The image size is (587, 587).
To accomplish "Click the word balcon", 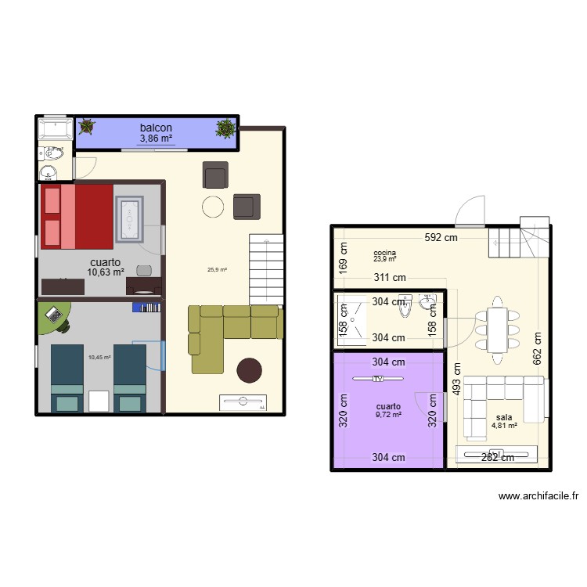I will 156,128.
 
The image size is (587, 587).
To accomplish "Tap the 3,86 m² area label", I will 156,139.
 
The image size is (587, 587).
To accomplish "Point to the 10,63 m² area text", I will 106,273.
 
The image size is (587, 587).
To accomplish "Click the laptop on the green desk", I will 53,315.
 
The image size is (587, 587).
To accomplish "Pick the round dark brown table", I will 250,369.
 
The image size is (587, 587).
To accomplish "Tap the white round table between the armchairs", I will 213,206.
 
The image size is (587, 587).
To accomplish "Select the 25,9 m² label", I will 217,270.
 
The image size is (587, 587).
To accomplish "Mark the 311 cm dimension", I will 389,277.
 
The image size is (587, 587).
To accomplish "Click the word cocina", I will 384,253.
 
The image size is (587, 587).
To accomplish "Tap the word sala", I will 504,417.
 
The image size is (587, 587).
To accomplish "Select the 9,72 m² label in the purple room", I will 388,415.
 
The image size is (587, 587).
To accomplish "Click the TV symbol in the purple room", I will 379,380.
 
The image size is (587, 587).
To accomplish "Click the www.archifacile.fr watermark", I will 538,496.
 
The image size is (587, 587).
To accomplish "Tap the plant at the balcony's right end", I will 226,128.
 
